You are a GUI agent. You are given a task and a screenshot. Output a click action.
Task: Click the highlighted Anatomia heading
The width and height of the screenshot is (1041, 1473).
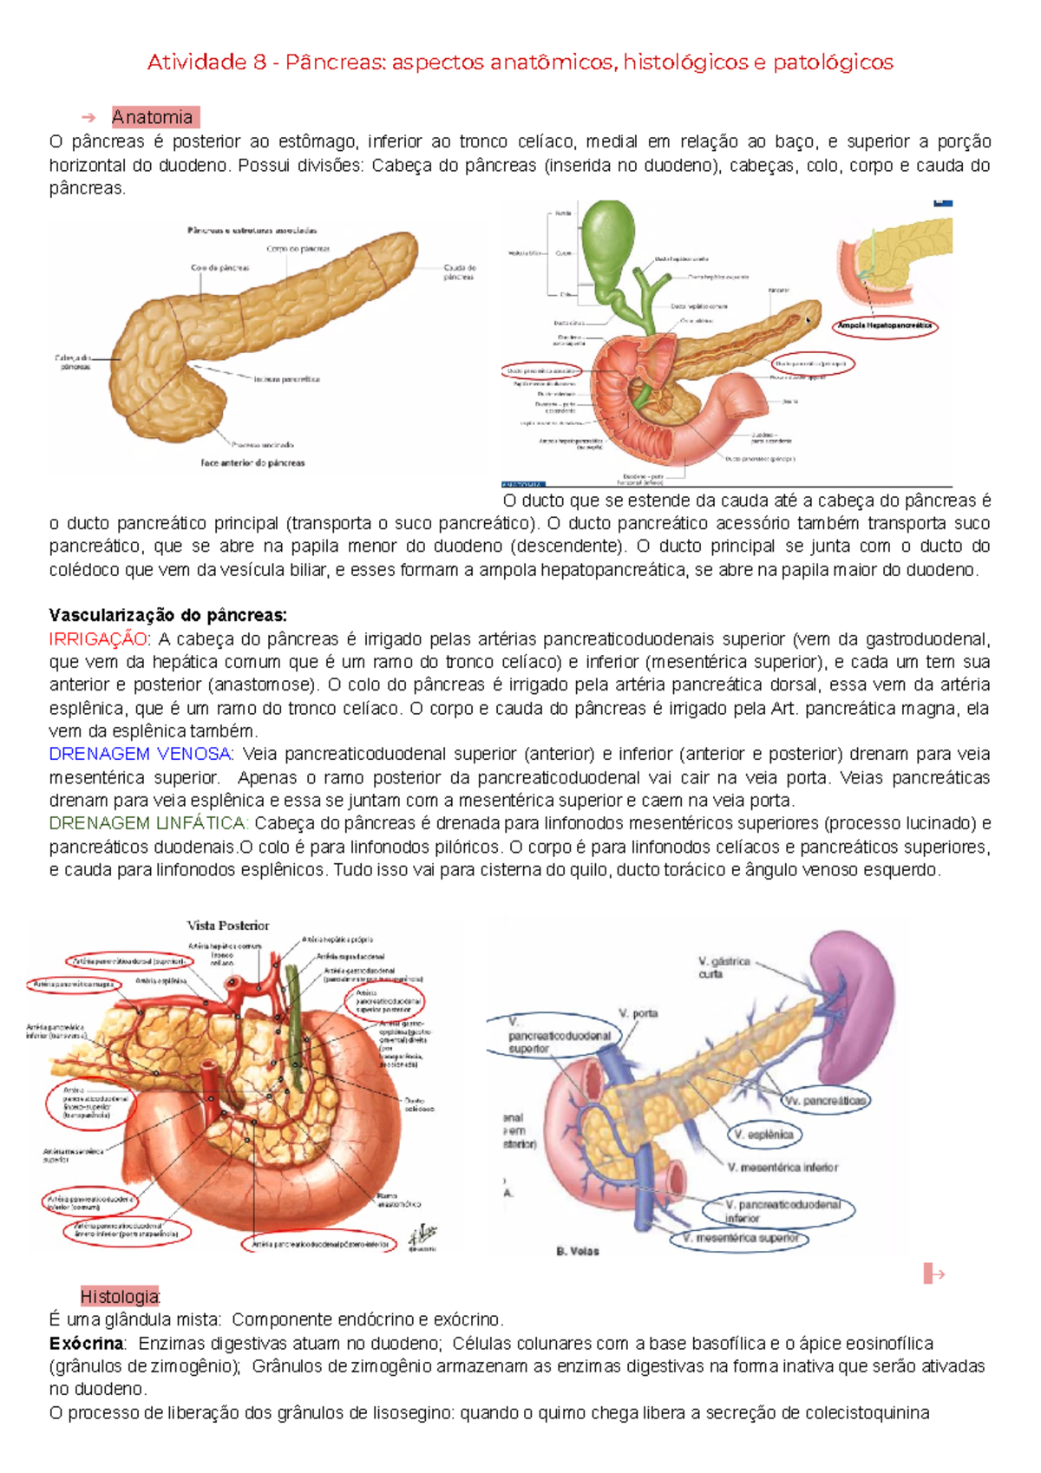point(153,117)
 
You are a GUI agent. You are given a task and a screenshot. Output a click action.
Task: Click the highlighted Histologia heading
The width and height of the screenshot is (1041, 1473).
point(120,1296)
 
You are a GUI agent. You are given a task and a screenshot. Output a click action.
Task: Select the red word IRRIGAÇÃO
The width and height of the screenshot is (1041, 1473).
point(98,639)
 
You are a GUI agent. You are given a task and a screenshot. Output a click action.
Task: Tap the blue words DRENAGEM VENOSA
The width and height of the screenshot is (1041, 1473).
point(140,754)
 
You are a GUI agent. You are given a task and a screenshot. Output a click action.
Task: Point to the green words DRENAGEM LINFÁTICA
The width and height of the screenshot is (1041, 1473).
point(148,823)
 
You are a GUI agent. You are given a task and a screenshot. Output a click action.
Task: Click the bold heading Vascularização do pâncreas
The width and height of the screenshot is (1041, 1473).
point(167,616)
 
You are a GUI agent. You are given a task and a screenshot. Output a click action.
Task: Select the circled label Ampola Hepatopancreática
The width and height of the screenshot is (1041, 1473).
point(885,326)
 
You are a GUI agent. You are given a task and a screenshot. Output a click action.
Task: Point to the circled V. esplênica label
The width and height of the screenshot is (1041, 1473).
point(763,1134)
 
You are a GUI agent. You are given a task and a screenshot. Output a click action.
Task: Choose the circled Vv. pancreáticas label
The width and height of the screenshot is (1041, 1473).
point(826,1101)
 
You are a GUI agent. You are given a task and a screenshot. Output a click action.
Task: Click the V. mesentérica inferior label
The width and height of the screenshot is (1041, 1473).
point(782,1168)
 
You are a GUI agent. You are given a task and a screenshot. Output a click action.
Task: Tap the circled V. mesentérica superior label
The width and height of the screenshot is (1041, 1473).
point(740,1238)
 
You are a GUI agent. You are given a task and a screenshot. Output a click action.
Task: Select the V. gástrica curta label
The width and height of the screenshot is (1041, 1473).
point(724,967)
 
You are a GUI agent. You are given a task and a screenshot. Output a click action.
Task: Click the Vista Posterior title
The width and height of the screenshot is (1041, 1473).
point(228,926)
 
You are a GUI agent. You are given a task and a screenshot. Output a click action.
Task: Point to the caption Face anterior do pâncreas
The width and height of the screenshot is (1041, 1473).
point(252,463)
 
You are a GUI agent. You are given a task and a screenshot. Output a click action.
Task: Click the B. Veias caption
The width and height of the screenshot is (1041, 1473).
point(577,1251)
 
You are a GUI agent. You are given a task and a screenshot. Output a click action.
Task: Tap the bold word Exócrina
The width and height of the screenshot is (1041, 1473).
point(87,1343)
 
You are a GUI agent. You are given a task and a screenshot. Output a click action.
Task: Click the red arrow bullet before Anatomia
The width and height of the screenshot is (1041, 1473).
point(87,117)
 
